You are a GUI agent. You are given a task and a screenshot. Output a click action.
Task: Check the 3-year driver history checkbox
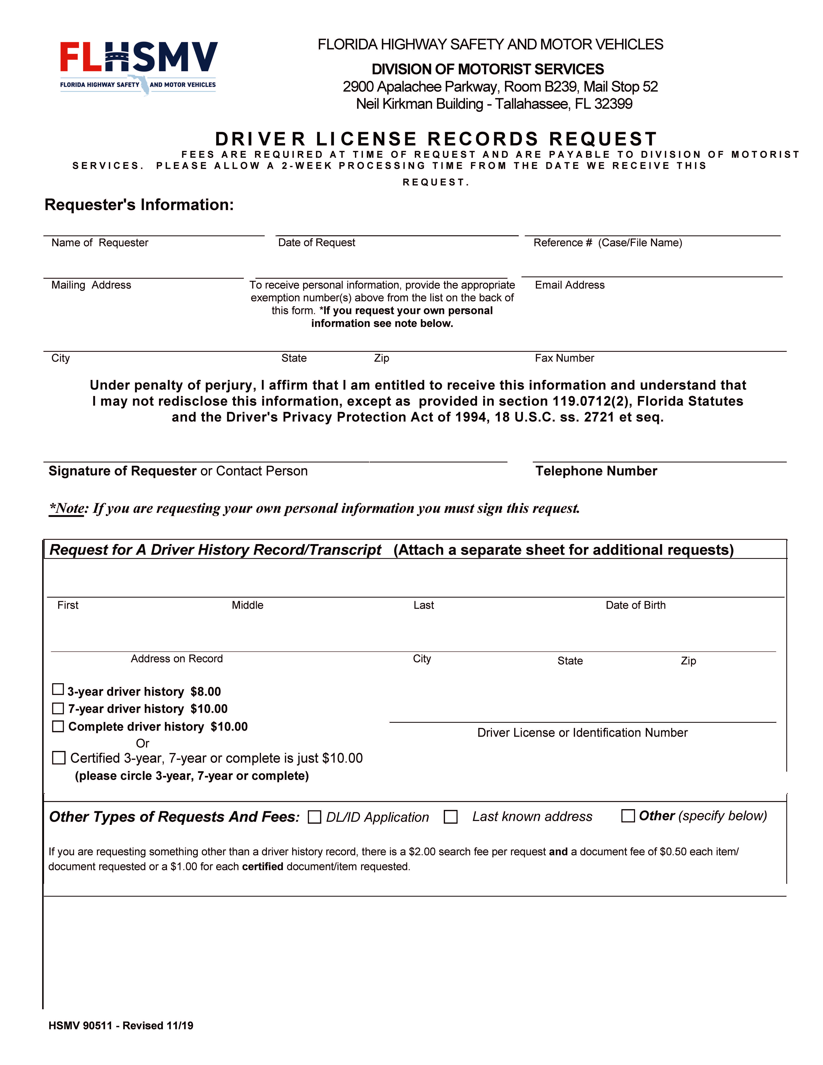[58, 689]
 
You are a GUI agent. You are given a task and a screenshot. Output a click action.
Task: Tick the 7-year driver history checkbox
[58, 708]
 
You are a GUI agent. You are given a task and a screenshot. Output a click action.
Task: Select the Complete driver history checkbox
[58, 726]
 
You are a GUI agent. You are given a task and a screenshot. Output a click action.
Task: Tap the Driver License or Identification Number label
[582, 732]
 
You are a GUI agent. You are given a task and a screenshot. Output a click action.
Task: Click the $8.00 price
[206, 691]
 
